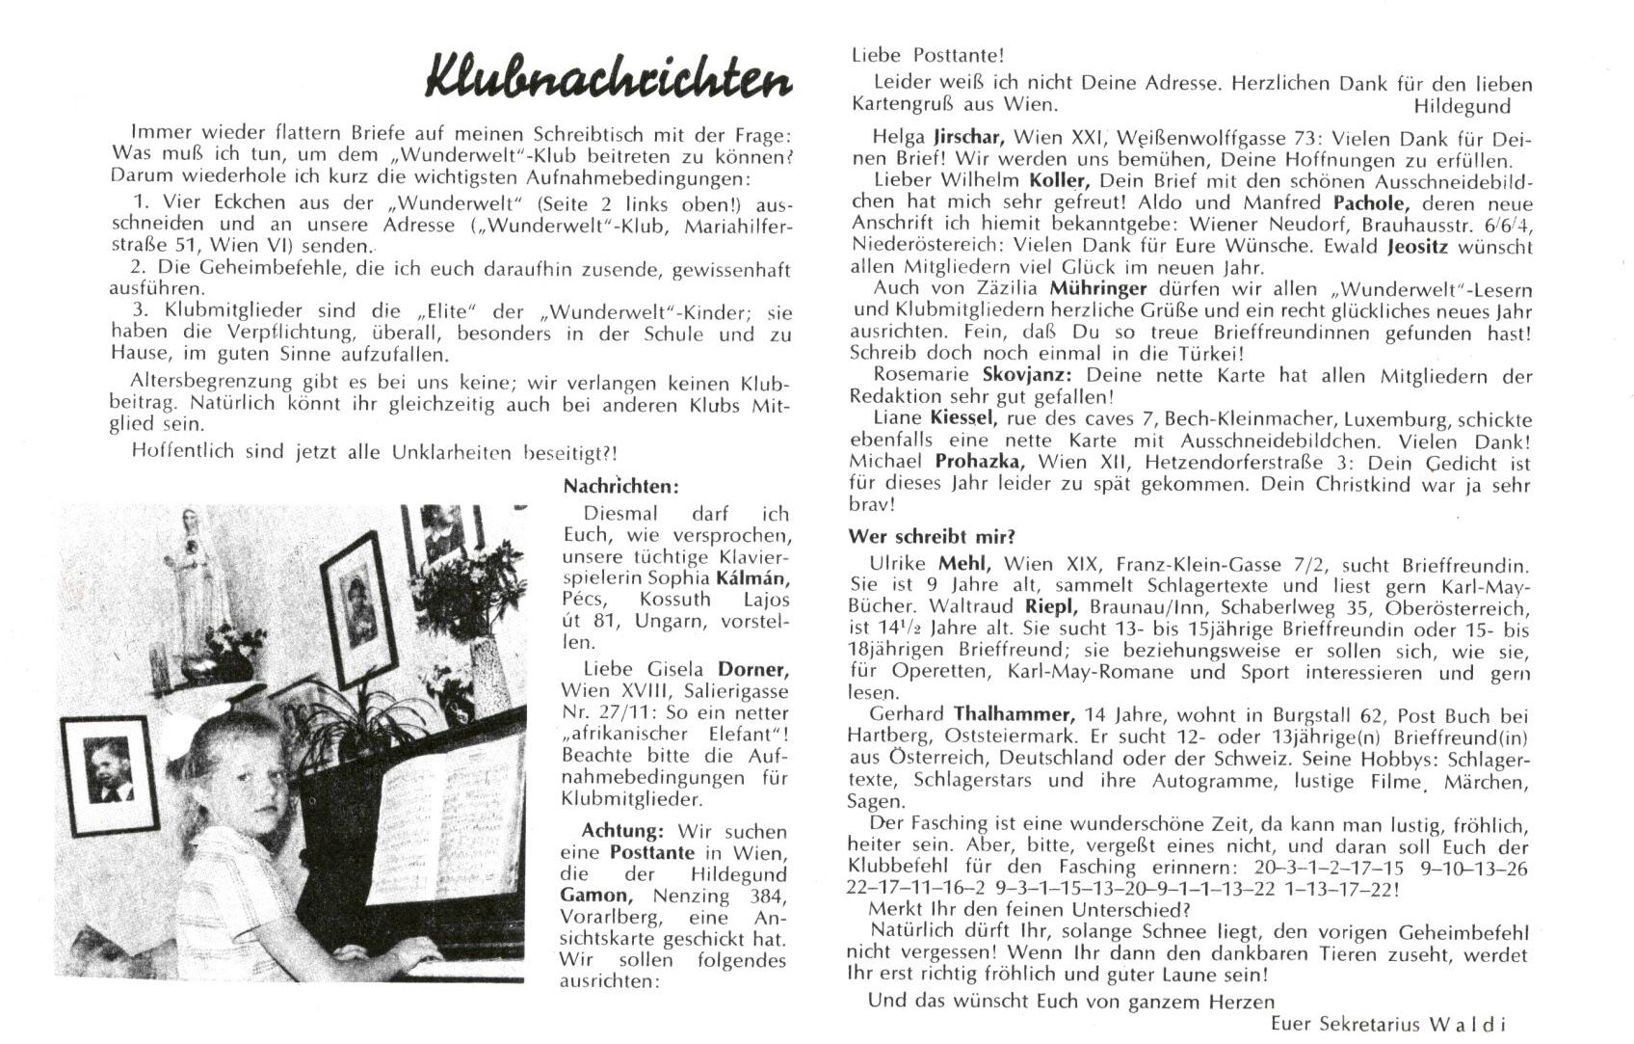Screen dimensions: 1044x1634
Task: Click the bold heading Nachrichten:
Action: click(x=620, y=487)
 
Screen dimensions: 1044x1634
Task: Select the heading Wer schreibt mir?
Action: click(x=932, y=536)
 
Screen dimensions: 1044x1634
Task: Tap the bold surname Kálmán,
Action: click(x=751, y=578)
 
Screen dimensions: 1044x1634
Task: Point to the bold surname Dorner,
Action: click(x=752, y=668)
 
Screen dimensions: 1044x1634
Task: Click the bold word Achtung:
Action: click(x=622, y=830)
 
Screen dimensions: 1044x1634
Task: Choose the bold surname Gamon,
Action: click(x=594, y=896)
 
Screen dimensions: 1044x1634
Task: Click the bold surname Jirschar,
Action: click(x=969, y=137)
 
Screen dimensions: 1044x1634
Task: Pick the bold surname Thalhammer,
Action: click(x=1015, y=714)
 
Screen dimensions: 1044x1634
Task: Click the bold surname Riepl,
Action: click(x=1086, y=607)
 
